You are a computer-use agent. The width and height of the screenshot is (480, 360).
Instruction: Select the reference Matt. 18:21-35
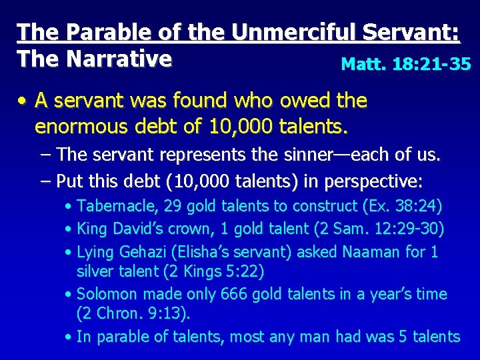click(405, 64)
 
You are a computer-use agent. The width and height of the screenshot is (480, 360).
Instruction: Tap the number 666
click(234, 294)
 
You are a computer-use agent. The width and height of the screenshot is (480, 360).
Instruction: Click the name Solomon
click(107, 294)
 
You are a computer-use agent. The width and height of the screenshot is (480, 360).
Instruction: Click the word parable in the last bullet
click(123, 337)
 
